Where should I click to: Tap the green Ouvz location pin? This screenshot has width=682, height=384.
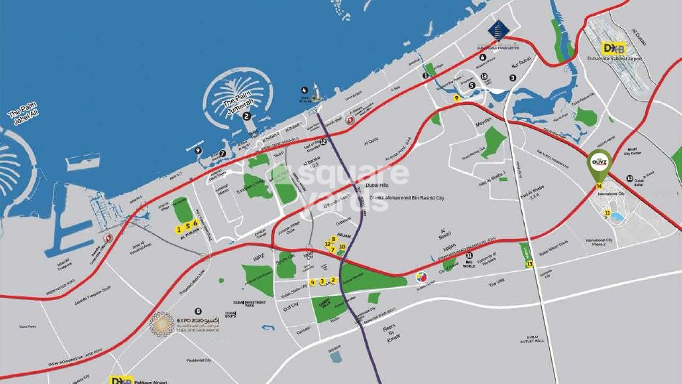tap(599, 163)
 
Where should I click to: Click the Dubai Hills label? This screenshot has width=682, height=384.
tap(377, 184)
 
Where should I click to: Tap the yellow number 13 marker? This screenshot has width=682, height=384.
tap(529, 263)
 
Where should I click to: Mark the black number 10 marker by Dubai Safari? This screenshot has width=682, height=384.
tap(629, 179)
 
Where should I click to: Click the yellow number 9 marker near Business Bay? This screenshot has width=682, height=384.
tap(457, 98)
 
